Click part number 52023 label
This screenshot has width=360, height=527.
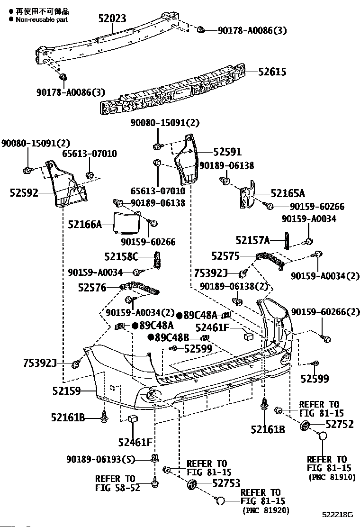(x=112, y=18)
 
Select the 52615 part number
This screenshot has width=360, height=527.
(x=272, y=72)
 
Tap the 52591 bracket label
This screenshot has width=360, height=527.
(x=227, y=152)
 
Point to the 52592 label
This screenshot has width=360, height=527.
(x=24, y=193)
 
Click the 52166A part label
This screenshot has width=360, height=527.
(x=85, y=224)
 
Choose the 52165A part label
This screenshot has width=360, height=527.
(x=288, y=193)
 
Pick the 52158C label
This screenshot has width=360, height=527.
(x=121, y=257)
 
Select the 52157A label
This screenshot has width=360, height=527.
(x=252, y=240)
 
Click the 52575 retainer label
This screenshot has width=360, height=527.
(x=225, y=256)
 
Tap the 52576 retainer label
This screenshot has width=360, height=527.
(x=92, y=288)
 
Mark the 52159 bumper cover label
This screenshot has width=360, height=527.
(x=66, y=391)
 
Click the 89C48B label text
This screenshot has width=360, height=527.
(x=171, y=337)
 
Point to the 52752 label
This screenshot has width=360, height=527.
(x=340, y=424)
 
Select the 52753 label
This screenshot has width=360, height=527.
(x=226, y=483)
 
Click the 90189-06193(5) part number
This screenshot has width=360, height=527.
(x=100, y=459)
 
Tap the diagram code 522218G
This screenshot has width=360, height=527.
(x=338, y=515)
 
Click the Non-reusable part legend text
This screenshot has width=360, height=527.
(x=42, y=19)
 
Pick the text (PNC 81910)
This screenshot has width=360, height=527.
(x=332, y=477)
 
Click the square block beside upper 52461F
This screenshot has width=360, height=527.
(x=248, y=336)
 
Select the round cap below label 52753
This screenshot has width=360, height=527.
(x=220, y=501)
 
